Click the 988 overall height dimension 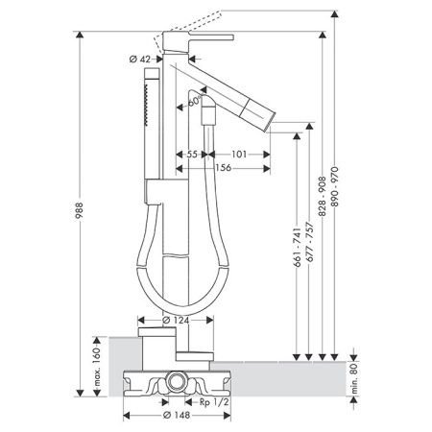coord(79,210)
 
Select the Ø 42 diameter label coord(140,60)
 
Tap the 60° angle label coord(194,102)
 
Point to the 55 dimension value coord(192,155)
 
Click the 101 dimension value coord(239,155)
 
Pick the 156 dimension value coord(223,168)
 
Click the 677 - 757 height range coord(309,242)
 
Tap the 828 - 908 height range coord(323,196)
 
